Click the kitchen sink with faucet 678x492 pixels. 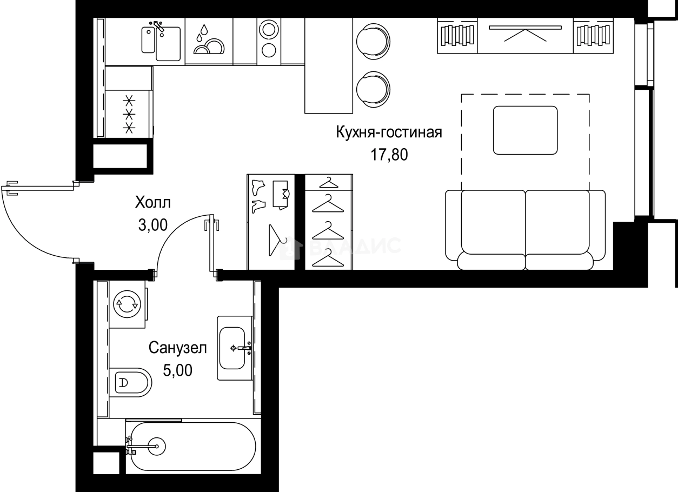coord(161,41)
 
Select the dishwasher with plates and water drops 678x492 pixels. coord(209,41)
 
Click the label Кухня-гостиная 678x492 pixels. coord(389,132)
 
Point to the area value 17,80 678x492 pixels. coord(389,155)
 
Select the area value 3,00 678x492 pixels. coord(152,225)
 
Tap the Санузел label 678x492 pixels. coord(178,348)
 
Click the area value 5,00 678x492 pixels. coord(178,370)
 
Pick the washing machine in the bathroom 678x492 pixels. coord(129,304)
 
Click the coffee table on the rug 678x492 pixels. coord(525,130)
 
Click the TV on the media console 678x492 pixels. coord(525,36)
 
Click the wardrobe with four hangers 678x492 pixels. coord(329,222)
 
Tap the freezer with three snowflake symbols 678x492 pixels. coord(129,114)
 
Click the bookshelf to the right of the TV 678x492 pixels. coord(593,36)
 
